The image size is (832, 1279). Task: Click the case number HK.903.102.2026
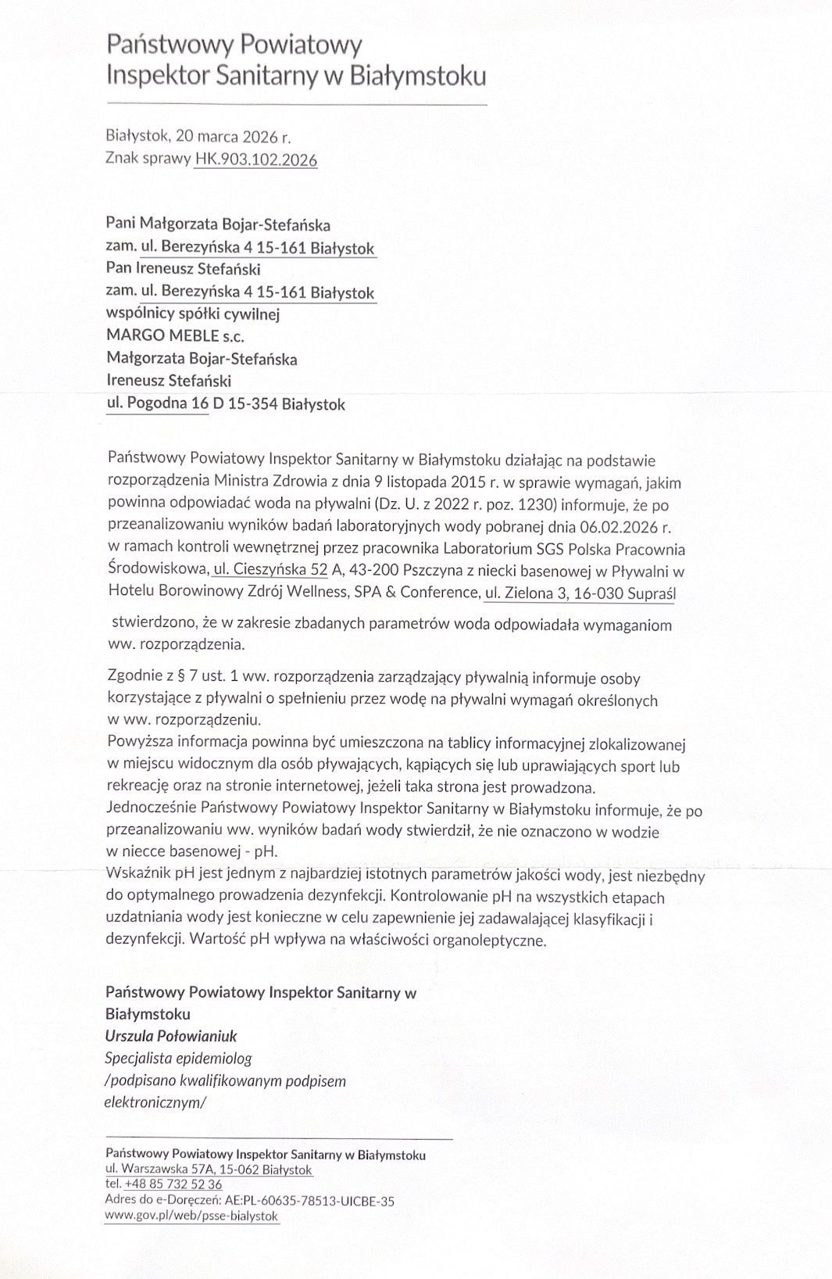tap(255, 159)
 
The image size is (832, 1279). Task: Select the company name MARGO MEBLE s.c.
tap(175, 336)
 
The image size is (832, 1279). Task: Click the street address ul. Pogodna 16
tap(157, 404)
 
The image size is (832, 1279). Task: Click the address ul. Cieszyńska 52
tap(270, 571)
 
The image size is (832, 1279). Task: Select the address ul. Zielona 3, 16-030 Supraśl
tap(580, 593)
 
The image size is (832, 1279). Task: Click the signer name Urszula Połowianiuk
tap(171, 1036)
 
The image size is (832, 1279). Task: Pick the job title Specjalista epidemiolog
tap(178, 1059)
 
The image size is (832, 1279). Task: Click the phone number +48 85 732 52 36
tap(173, 1184)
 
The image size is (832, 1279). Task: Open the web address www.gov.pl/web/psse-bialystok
tap(191, 1216)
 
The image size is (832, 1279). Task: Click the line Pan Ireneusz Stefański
tap(183, 269)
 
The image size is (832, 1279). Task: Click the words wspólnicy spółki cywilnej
tap(192, 314)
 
